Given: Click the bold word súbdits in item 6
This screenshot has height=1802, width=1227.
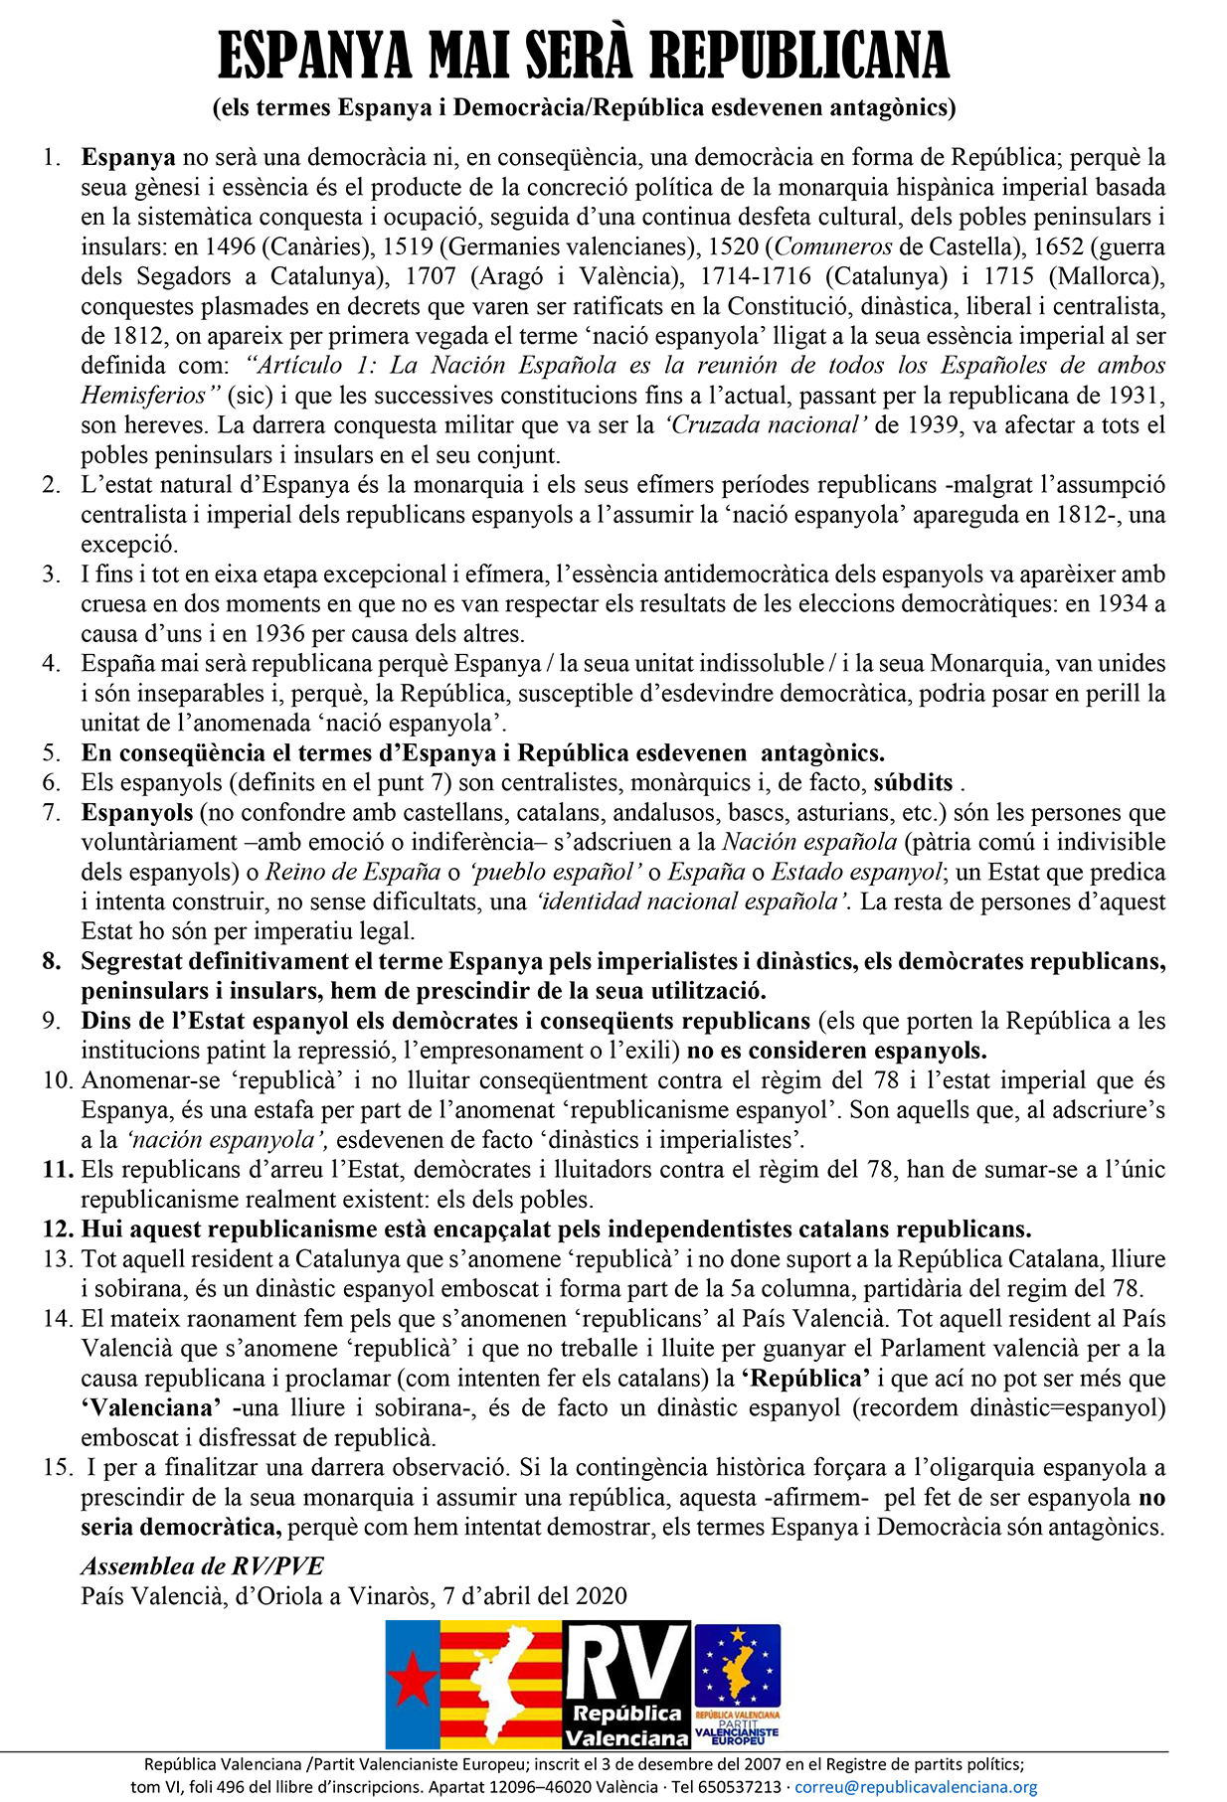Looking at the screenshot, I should click(913, 782).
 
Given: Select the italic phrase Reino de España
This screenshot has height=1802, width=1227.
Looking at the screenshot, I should click(353, 872).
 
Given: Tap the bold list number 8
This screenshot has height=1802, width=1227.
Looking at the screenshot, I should click(52, 961).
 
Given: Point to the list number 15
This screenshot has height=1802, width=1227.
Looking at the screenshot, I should click(56, 1467).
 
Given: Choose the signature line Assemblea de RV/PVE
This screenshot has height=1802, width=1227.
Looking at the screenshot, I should click(202, 1566).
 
